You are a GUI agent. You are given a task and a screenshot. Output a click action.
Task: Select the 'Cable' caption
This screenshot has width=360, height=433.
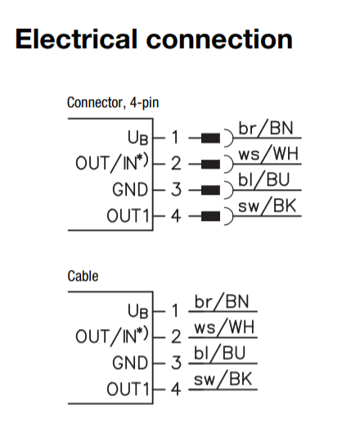point(83,277)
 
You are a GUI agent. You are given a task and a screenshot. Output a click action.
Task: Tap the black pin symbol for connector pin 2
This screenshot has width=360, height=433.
point(210,165)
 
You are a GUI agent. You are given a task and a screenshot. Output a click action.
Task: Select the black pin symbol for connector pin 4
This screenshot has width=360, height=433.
point(210,217)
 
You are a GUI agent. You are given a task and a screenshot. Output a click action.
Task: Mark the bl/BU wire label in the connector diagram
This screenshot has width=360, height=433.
point(268,182)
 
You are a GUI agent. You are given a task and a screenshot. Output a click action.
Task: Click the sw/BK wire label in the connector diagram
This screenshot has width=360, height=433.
point(269,208)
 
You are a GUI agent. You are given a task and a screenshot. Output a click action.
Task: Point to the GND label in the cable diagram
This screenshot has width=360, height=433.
point(129,363)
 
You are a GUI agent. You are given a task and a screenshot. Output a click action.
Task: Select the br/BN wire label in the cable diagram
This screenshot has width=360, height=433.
point(223,303)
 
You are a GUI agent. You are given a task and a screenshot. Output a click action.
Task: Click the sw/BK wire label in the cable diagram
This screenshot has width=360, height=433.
point(223,381)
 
